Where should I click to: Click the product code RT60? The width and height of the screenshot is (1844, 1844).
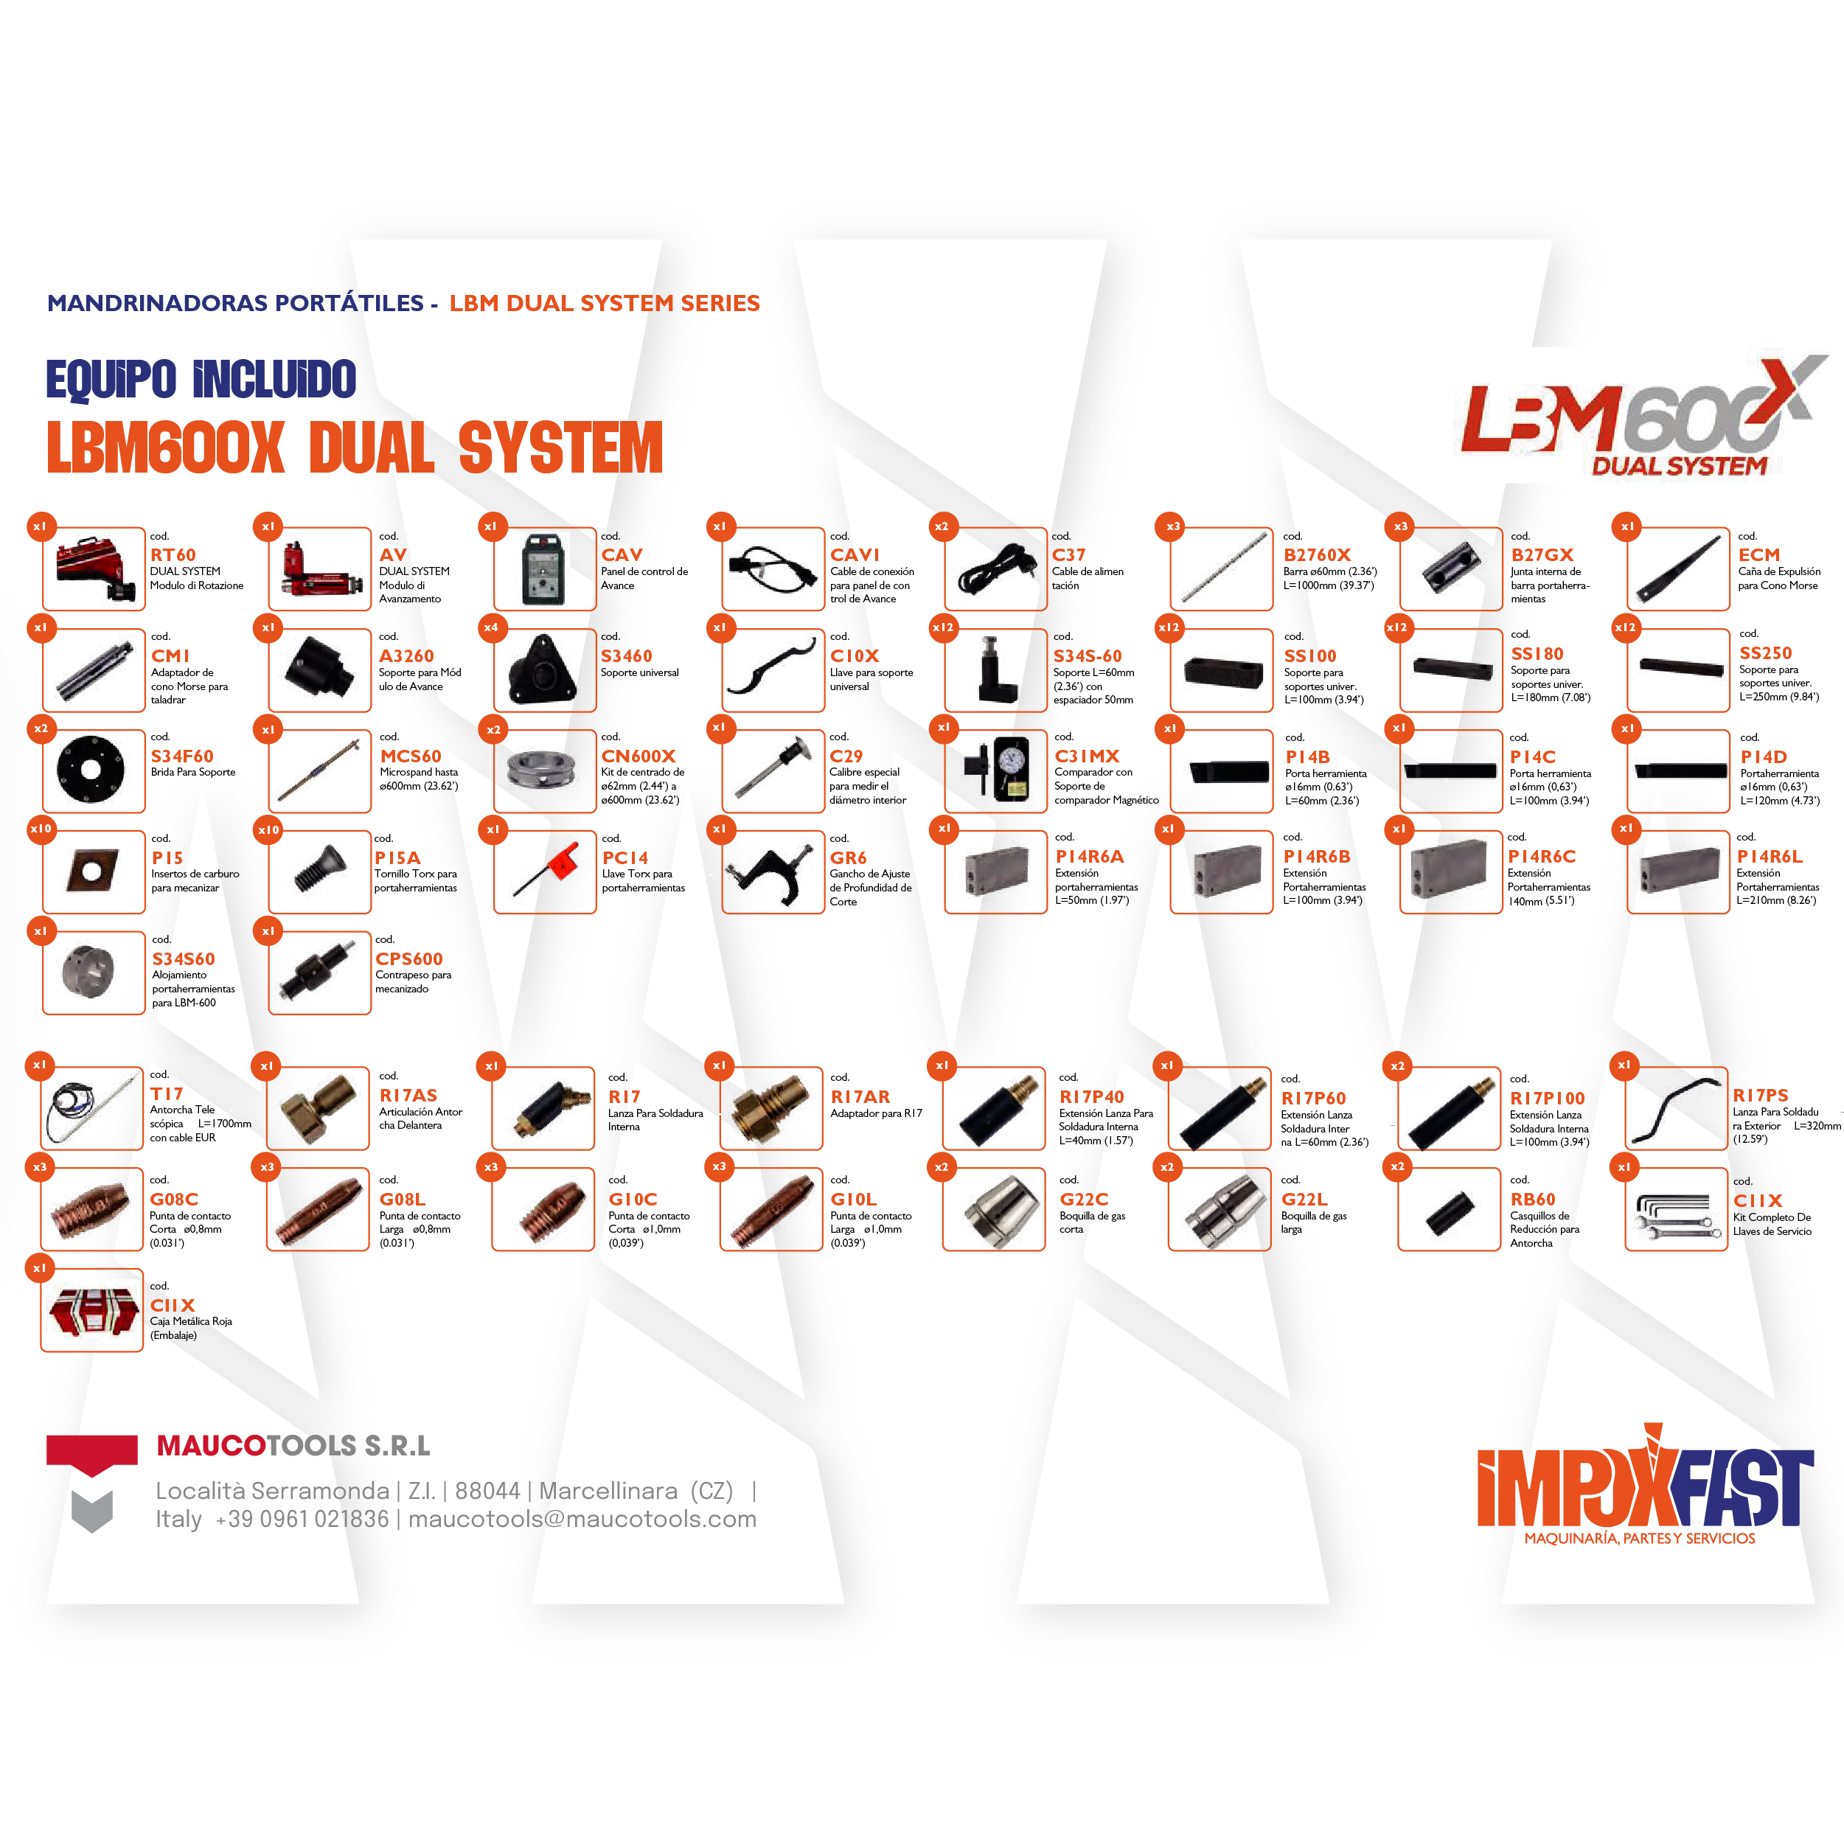coord(173,554)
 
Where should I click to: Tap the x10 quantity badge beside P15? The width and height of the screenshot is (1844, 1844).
coord(41,829)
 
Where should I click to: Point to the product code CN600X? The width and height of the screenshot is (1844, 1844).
coord(638,756)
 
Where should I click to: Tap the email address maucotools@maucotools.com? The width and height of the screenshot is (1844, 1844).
coord(582,1519)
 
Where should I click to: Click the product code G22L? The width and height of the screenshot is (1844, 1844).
coord(1304,1199)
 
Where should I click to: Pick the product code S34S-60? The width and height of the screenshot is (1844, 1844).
coord(1087,655)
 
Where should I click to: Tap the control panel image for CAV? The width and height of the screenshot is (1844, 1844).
coord(544,570)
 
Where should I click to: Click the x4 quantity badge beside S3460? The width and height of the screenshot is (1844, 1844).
coord(490,627)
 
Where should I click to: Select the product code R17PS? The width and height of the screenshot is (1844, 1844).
coord(1760,1096)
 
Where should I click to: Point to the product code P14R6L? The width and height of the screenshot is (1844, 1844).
coord(1769,856)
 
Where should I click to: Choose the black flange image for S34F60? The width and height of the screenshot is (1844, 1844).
coord(91,769)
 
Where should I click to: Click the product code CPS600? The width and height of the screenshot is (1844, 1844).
coord(408,958)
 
